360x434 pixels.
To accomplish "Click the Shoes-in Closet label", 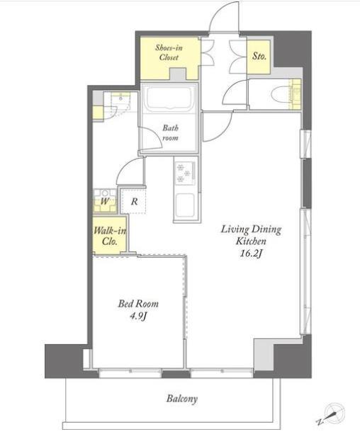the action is (169, 52).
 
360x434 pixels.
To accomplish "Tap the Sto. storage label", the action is (259, 56).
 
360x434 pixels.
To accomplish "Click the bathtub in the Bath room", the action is (169, 99).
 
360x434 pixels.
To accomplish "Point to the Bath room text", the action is (170, 133).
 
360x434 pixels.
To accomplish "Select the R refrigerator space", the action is (134, 201).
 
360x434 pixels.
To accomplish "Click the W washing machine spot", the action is (105, 200).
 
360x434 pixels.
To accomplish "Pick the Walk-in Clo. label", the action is (110, 236).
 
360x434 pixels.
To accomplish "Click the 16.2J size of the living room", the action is (251, 253).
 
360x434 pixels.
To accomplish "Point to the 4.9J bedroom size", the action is (138, 316).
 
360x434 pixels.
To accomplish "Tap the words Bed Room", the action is (138, 304).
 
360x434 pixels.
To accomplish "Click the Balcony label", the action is (182, 399).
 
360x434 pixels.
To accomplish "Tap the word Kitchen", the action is (251, 241).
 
